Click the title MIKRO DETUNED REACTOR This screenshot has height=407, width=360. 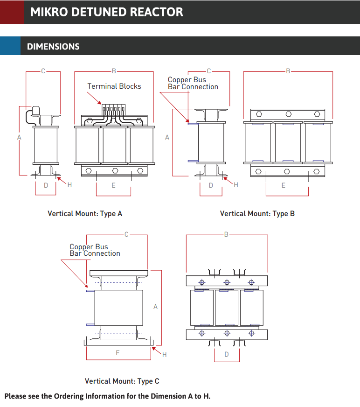pyautogui.click(x=107, y=12)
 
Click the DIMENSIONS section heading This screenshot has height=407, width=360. pyautogui.click(x=53, y=47)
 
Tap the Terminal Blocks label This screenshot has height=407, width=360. pyautogui.click(x=114, y=86)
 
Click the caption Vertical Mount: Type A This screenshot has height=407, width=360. pyautogui.click(x=85, y=213)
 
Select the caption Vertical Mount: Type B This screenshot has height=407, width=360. pyautogui.click(x=257, y=213)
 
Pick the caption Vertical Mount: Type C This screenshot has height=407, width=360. pyautogui.click(x=122, y=381)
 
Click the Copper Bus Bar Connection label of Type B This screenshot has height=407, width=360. pyautogui.click(x=193, y=83)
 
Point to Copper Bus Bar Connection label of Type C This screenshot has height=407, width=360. pyautogui.click(x=95, y=250)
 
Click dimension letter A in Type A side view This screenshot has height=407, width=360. pyautogui.click(x=19, y=137)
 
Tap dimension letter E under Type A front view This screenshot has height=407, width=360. pyautogui.click(x=113, y=185)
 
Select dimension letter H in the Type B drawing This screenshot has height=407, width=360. pyautogui.click(x=236, y=185)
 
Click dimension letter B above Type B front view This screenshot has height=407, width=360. pyautogui.click(x=288, y=71)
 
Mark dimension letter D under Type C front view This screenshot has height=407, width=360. pyautogui.click(x=227, y=354)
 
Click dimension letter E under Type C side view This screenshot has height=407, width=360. pyautogui.click(x=118, y=353)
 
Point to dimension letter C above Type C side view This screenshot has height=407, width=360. pyautogui.click(x=126, y=234)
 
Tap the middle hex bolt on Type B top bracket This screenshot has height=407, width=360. pyautogui.click(x=289, y=114)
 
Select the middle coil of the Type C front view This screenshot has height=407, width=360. pyautogui.click(x=227, y=308)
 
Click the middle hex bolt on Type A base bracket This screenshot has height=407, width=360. pyautogui.click(x=115, y=170)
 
